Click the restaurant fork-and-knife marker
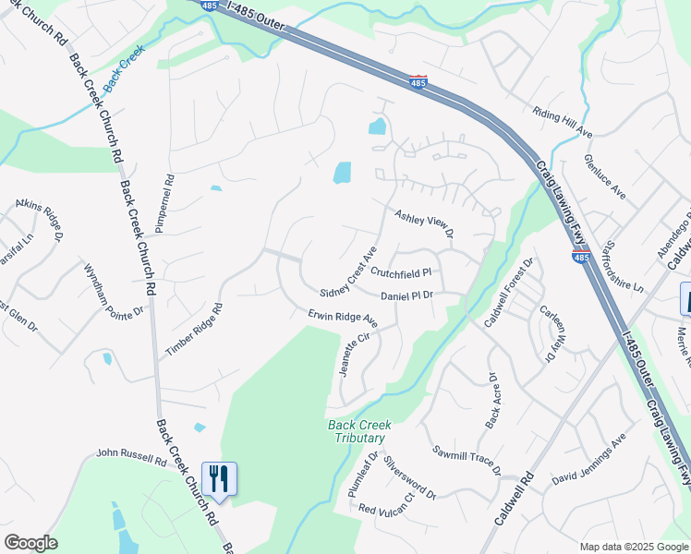pos(219,477)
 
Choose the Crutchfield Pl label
pos(401,273)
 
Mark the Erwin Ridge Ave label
pos(344,319)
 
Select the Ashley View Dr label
pos(425,223)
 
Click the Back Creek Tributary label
pos(360,431)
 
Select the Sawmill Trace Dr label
pos(467,460)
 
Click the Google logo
pos(31,542)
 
